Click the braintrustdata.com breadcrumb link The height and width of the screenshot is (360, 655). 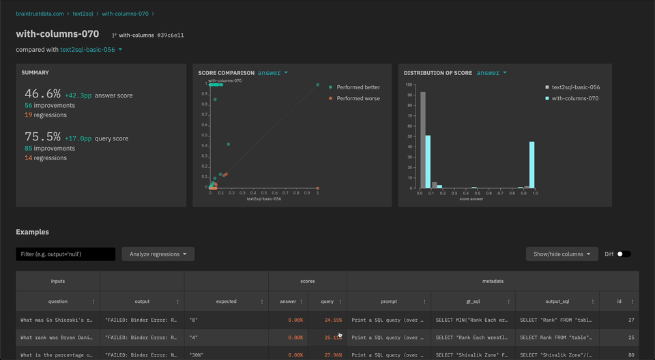(x=40, y=14)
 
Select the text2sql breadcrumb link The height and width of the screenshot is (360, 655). (x=83, y=14)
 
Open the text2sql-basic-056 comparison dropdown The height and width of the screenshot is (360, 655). (x=91, y=50)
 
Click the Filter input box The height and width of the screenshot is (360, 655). (x=65, y=254)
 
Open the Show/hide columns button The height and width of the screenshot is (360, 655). (x=562, y=254)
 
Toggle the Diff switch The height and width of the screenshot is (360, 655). (x=624, y=254)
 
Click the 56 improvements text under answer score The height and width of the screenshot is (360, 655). (x=50, y=106)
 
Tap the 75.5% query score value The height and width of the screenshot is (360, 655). (x=43, y=136)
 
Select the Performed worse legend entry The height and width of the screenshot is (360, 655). (x=358, y=98)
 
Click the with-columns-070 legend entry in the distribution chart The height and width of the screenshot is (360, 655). (x=574, y=98)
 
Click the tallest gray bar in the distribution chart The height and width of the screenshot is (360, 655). (x=423, y=140)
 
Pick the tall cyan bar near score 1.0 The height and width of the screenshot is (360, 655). (x=532, y=164)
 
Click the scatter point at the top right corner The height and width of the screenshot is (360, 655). (x=318, y=85)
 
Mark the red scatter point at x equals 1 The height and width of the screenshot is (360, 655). (x=318, y=188)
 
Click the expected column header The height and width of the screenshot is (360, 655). (x=226, y=301)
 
